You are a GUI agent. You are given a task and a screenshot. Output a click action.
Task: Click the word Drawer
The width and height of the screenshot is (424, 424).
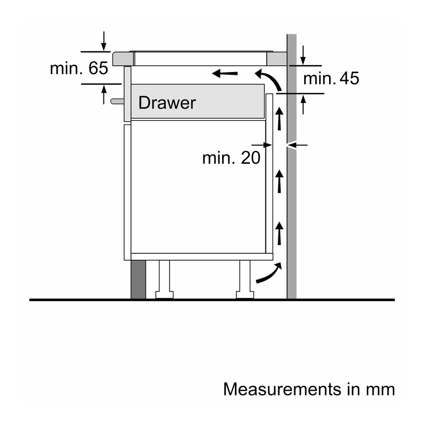coord(167,103)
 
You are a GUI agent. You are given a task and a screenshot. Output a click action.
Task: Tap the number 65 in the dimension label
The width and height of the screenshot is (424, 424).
coord(98,68)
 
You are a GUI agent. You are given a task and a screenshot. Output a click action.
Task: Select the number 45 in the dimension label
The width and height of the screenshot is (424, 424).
coord(349,78)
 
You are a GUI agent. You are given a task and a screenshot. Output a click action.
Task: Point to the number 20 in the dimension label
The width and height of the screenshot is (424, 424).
coord(250,157)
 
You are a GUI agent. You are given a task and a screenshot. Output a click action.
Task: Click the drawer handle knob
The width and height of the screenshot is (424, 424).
coord(117,101)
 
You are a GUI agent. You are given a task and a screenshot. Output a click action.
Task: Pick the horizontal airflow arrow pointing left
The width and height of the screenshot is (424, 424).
coord(225,73)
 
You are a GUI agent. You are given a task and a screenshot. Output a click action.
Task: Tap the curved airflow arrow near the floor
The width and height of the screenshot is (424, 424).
coord(269,272)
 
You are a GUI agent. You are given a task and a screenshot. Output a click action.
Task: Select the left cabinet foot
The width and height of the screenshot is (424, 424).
coord(164,279)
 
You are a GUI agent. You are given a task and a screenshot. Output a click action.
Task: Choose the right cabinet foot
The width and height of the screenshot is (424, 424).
coord(245,279)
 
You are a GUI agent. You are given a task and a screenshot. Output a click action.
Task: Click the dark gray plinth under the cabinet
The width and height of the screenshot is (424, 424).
coord(138,280)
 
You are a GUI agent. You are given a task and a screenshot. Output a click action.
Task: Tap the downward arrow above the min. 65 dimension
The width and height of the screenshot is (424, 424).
coord(103,41)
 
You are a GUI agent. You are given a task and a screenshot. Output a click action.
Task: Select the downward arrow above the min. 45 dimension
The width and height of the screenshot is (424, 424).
coord(303,56)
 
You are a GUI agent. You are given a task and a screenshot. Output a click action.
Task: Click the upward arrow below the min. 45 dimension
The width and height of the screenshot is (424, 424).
coord(303,104)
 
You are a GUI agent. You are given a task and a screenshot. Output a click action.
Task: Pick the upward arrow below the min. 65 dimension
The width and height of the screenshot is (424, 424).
coord(104,95)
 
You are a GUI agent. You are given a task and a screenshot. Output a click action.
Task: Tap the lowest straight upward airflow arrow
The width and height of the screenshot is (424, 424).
coord(279,233)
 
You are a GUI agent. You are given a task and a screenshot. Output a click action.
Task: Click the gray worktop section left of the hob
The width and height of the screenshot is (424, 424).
coord(123,59)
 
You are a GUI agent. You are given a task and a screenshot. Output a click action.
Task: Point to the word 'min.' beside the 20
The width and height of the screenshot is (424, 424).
coord(219,157)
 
